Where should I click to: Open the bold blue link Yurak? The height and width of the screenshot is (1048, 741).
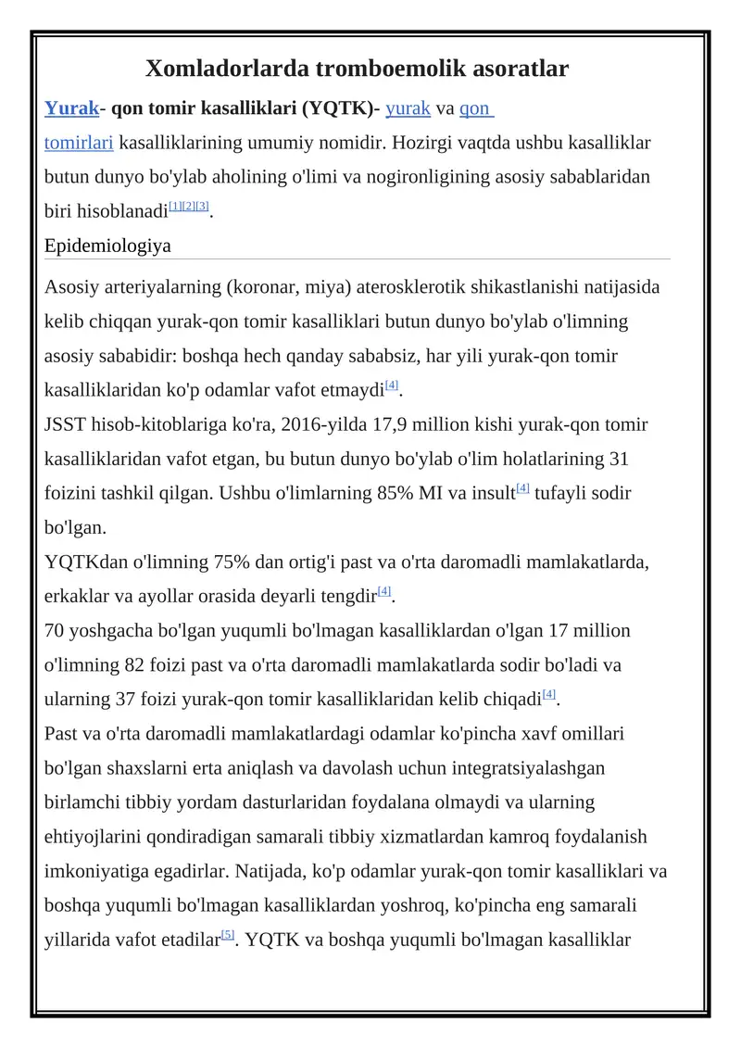click(71, 109)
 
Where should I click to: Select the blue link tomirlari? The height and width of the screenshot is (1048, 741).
click(79, 143)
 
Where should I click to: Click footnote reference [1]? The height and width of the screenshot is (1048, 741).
click(174, 205)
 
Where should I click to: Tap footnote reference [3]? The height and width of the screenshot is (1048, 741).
click(203, 205)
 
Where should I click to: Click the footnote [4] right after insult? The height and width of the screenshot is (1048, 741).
click(522, 488)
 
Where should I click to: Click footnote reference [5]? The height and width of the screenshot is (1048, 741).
click(228, 934)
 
